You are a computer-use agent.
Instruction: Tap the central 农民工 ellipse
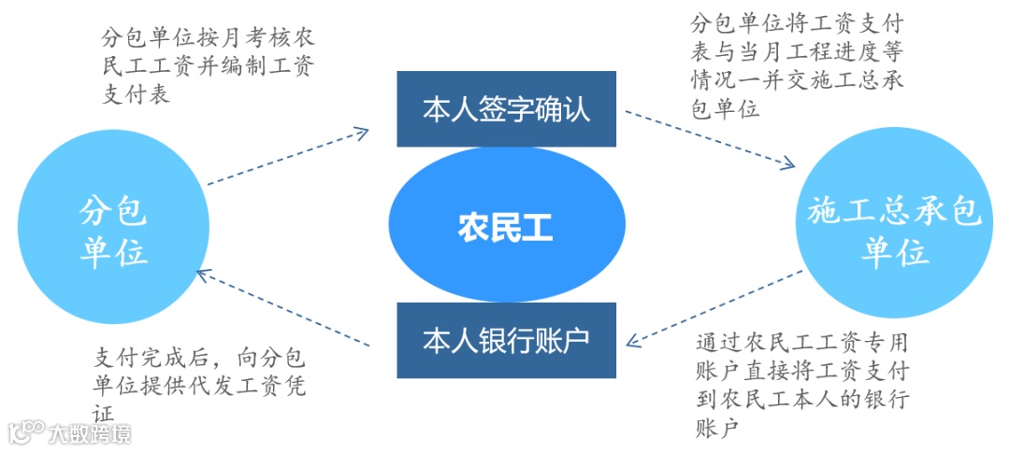tap(506, 228)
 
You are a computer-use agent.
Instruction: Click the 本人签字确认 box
tap(506, 109)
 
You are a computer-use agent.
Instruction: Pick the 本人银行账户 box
tap(506, 340)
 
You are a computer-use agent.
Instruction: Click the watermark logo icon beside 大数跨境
tap(26, 432)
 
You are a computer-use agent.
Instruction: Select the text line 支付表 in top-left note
tap(137, 94)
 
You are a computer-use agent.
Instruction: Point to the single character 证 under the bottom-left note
tap(104, 412)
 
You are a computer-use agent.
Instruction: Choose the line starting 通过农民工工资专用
tap(802, 342)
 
